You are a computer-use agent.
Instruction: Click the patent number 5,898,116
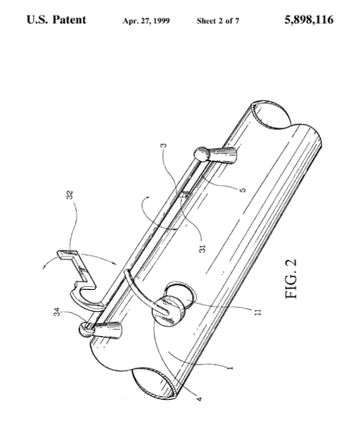tap(309, 20)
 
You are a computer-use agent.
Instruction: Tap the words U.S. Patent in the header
tap(56, 20)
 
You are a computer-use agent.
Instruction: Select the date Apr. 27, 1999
tap(146, 21)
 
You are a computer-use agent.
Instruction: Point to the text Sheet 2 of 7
tap(218, 21)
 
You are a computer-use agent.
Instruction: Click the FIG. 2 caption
tap(291, 279)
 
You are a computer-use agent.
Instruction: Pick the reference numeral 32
tap(70, 195)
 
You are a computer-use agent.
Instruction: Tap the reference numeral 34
tap(56, 312)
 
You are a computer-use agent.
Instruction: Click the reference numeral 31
tap(203, 249)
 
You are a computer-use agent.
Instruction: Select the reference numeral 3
tap(164, 145)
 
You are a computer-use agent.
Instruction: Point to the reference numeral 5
tap(243, 190)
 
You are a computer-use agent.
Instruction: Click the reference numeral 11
tap(258, 312)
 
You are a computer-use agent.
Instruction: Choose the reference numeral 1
tap(230, 368)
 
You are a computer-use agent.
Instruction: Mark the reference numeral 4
tap(199, 399)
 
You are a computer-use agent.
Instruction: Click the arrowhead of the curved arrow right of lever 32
tap(114, 263)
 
